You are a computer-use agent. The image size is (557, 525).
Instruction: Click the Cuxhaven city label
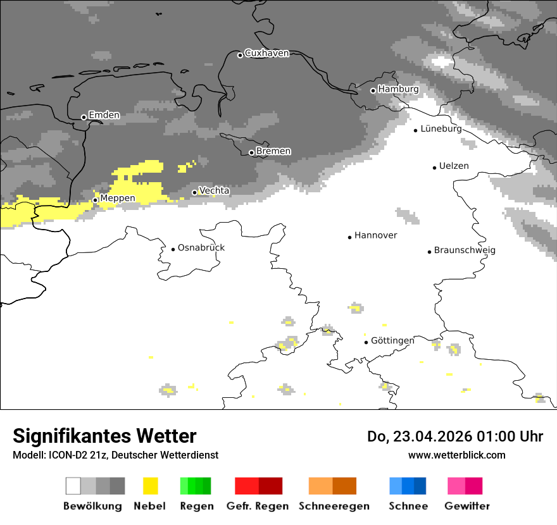coord(266,54)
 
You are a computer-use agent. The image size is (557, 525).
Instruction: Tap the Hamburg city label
coord(398,89)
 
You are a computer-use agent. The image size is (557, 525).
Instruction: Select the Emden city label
coord(104,116)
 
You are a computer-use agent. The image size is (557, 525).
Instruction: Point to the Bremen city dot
coord(251,152)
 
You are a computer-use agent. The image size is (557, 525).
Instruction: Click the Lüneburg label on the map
coord(441,129)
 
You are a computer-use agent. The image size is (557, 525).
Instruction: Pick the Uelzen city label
coord(454,166)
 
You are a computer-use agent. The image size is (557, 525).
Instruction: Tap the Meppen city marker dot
coord(95,200)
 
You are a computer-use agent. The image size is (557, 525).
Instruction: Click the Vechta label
coord(214,191)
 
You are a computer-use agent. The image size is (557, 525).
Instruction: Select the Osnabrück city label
coord(201,248)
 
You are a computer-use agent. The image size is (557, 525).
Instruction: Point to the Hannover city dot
coord(349,237)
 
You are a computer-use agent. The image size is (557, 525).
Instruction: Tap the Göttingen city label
coord(392,341)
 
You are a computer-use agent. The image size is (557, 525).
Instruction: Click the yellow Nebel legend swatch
coord(150,486)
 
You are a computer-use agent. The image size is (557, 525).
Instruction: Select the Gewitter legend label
coord(466,506)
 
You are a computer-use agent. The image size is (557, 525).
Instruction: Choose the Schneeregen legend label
coord(334,506)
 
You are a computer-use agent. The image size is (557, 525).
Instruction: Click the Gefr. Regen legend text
coord(258,506)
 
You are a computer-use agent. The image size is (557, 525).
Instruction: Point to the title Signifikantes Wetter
coord(104,436)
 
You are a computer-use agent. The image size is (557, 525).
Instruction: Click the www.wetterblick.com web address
coord(456,455)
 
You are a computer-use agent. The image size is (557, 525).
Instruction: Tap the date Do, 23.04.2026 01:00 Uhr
coord(455,436)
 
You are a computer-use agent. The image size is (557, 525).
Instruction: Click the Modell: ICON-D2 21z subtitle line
coord(115,455)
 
